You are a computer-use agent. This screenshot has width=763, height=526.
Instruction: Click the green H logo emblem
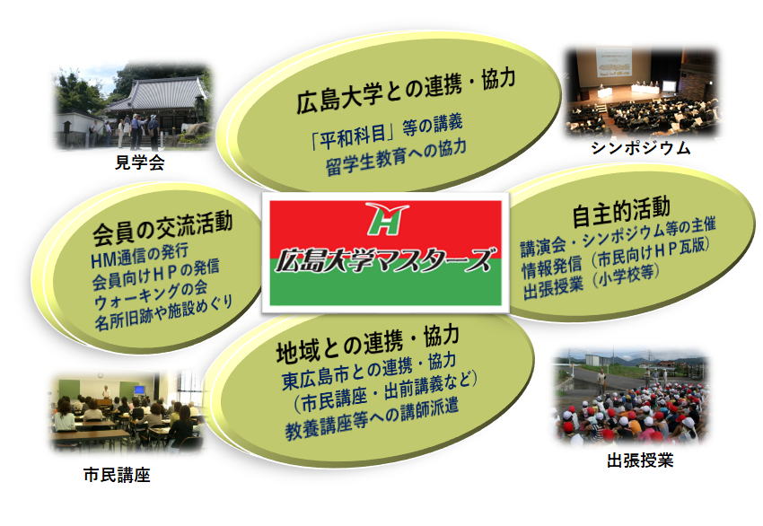point(386,218)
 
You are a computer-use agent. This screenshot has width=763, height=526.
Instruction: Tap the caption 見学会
point(139,162)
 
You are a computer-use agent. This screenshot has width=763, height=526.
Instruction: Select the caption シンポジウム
point(641,148)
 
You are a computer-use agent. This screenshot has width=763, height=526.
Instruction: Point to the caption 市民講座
point(117,475)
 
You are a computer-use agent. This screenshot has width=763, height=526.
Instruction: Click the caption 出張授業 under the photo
point(640,460)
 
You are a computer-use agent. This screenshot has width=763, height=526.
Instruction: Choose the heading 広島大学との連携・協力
point(406,91)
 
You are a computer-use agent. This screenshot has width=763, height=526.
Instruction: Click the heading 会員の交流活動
point(162,229)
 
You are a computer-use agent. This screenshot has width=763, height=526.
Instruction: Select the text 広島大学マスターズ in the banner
point(383,259)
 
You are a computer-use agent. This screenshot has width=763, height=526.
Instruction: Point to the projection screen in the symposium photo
point(614,62)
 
